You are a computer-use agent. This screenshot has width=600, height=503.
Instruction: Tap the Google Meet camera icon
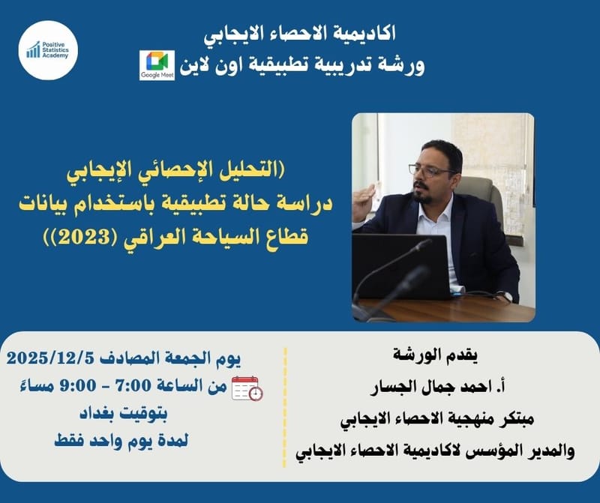click(x=157, y=61)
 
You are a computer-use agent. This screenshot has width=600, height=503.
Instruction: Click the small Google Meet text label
click(x=157, y=76)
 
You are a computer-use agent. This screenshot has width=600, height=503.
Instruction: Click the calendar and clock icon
click(x=247, y=388)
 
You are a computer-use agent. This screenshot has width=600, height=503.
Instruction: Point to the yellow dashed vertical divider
click(x=285, y=404)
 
